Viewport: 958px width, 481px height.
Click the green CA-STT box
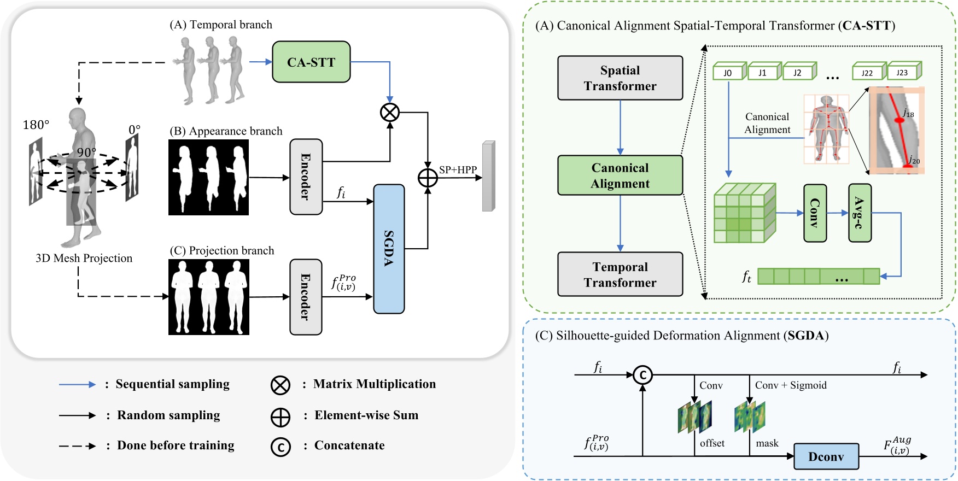(311, 62)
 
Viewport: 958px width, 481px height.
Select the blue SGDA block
(389, 249)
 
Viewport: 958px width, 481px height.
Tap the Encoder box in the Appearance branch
(306, 177)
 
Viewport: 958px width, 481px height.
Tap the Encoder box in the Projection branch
(306, 296)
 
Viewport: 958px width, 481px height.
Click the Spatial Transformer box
(620, 78)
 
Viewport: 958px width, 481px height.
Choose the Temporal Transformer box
(620, 274)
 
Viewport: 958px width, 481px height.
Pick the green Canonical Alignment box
(620, 175)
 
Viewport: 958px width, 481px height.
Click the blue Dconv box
(826, 456)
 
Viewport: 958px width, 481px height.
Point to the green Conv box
(815, 213)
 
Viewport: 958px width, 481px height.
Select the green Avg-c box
(860, 213)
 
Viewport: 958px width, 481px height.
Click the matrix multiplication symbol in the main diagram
(390, 113)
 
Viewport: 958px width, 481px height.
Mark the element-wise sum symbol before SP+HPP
(428, 178)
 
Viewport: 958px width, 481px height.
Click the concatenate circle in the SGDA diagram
(642, 375)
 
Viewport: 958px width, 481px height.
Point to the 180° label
(36, 125)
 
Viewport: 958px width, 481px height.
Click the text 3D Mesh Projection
(84, 258)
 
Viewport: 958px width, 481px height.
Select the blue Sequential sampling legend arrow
(77, 385)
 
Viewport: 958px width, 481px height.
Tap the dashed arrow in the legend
(77, 446)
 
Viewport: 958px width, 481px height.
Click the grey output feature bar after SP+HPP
(488, 176)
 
